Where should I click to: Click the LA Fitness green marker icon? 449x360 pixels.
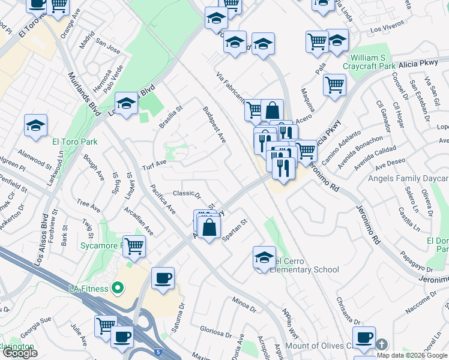pos(118,289)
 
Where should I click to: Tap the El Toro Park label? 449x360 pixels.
pos(74,142)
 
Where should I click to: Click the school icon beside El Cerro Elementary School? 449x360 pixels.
pos(264,257)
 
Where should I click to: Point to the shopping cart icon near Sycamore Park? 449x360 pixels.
pos(135,245)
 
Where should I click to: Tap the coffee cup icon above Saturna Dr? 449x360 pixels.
pos(163,278)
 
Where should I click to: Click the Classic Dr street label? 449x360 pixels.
pos(186,193)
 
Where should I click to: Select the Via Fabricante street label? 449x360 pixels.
pos(231,88)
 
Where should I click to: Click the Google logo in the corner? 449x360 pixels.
pos(20,353)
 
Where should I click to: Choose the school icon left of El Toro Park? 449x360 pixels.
pos(35,126)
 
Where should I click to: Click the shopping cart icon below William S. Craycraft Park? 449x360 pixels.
pos(334,85)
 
